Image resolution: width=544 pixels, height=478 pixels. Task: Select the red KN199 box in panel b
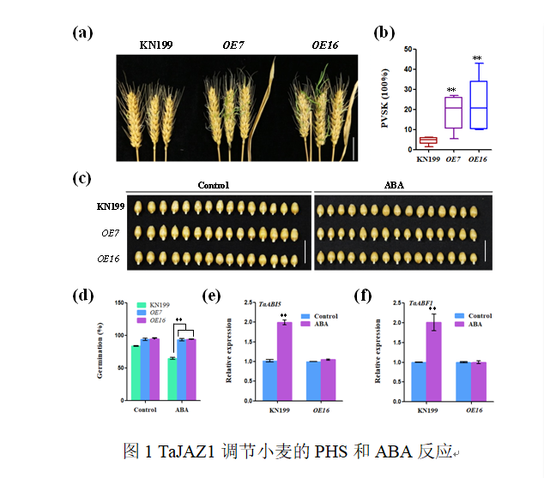(x=427, y=140)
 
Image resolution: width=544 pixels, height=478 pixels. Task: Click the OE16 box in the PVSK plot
(x=479, y=105)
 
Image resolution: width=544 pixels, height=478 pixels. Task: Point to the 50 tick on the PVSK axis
(x=405, y=50)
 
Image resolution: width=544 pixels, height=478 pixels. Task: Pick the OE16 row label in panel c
(x=109, y=258)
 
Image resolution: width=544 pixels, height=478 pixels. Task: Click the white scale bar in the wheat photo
(x=353, y=146)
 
